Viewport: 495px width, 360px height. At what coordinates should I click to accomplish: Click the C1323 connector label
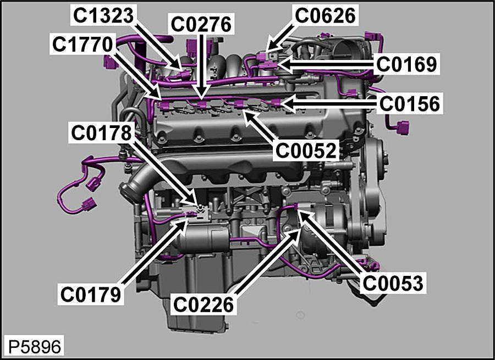pyautogui.click(x=103, y=16)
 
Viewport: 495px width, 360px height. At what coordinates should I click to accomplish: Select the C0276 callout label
pyautogui.click(x=201, y=24)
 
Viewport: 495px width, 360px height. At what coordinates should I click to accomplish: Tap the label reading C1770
pyautogui.click(x=84, y=44)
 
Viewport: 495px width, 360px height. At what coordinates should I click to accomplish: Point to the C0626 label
pyautogui.click(x=326, y=16)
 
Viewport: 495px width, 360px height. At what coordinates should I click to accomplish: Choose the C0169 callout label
pyautogui.click(x=407, y=64)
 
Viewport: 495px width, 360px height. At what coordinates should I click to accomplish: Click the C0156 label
pyautogui.click(x=410, y=103)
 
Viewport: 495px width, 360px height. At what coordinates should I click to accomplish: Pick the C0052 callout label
pyautogui.click(x=306, y=149)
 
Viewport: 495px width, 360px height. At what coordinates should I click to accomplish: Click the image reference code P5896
pyautogui.click(x=34, y=347)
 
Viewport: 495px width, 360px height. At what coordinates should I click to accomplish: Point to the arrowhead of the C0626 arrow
pyautogui.click(x=268, y=51)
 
